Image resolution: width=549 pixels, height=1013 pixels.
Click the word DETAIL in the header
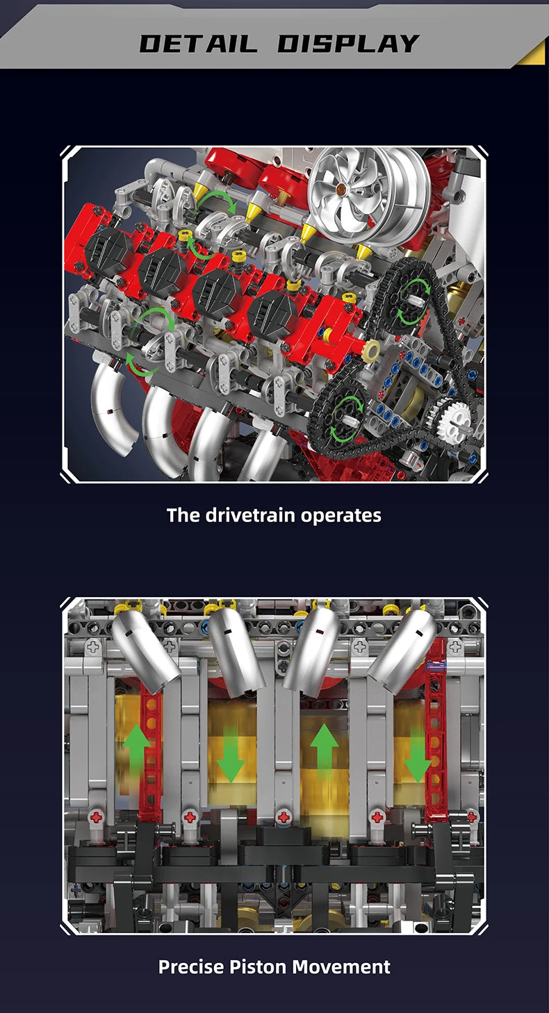pyautogui.click(x=198, y=43)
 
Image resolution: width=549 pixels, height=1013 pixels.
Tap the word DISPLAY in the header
pyautogui.click(x=348, y=43)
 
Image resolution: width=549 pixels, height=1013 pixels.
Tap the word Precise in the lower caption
pyautogui.click(x=190, y=966)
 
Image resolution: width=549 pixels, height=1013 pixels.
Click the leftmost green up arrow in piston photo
pyautogui.click(x=136, y=750)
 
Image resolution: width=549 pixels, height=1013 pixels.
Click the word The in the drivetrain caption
pyautogui.click(x=183, y=515)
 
